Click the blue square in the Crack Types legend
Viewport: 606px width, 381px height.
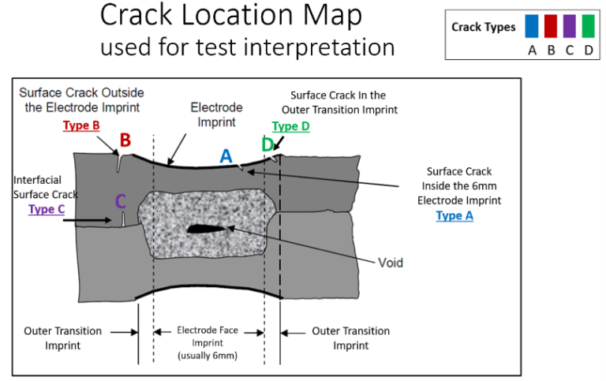pyautogui.click(x=533, y=27)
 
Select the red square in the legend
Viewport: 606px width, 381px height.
pyautogui.click(x=552, y=27)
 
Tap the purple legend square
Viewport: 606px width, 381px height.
pyautogui.click(x=570, y=27)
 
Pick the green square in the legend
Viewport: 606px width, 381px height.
pyautogui.click(x=588, y=27)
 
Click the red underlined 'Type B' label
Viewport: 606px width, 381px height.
pyautogui.click(x=82, y=125)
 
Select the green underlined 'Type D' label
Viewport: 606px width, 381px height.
pyautogui.click(x=291, y=126)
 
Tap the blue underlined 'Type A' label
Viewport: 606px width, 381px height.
pyautogui.click(x=454, y=215)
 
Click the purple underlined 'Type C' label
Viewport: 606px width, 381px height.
pyautogui.click(x=47, y=209)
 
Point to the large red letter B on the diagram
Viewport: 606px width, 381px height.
pyautogui.click(x=125, y=141)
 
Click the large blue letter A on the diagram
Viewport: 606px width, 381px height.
pyautogui.click(x=226, y=156)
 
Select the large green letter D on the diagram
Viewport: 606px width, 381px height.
pyautogui.click(x=267, y=144)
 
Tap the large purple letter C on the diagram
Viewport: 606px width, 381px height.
pyautogui.click(x=120, y=202)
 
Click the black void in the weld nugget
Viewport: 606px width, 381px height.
pyautogui.click(x=208, y=230)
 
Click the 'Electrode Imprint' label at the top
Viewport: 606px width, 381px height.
pyautogui.click(x=217, y=114)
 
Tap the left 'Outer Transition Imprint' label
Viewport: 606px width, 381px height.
pyautogui.click(x=62, y=338)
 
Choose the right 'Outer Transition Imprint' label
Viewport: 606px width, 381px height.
pyautogui.click(x=350, y=338)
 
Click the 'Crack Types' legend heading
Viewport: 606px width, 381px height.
pyautogui.click(x=483, y=27)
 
